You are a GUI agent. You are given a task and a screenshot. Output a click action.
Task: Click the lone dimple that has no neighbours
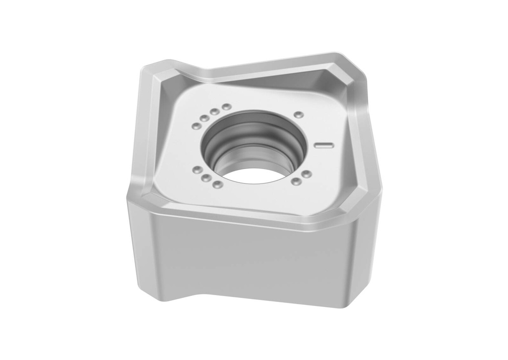[299, 115]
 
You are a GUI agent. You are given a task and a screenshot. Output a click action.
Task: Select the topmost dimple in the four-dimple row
[227, 107]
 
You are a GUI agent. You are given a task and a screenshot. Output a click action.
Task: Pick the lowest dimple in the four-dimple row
[197, 126]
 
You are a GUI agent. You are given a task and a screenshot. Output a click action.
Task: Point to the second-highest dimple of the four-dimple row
[215, 112]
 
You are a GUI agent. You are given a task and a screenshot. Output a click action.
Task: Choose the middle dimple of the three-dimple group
[206, 178]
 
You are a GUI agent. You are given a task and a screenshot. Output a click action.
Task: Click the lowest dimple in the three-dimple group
[217, 184]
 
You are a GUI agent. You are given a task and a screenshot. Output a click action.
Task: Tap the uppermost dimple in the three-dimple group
[197, 171]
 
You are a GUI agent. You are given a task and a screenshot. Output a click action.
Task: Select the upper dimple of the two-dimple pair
[307, 174]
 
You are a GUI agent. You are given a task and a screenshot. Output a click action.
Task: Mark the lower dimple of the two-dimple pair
[296, 181]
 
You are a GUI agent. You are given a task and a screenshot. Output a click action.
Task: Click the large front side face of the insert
[248, 258]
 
